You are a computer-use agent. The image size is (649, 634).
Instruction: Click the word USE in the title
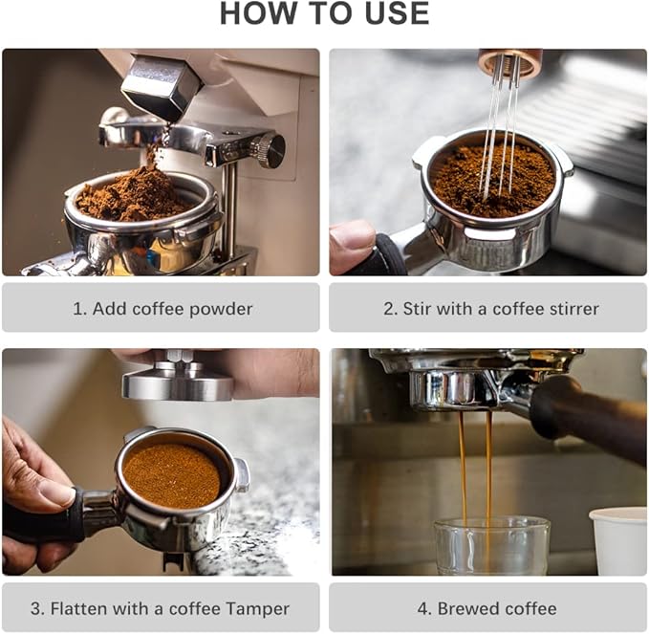tap(394, 13)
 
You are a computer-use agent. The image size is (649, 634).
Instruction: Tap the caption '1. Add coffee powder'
tap(162, 308)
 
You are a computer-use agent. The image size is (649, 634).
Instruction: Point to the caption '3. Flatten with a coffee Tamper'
tap(162, 608)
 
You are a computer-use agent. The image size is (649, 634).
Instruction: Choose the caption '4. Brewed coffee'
tap(487, 608)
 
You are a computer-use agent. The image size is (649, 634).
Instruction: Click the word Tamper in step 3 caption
tap(257, 608)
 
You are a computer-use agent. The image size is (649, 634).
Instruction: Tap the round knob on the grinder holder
tap(270, 149)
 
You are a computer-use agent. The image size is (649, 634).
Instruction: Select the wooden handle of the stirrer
tap(509, 62)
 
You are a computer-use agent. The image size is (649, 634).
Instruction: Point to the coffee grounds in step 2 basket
tap(492, 177)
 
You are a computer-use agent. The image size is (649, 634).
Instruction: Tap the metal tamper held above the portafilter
tap(179, 380)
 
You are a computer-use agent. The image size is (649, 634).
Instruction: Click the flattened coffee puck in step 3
tap(173, 475)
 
